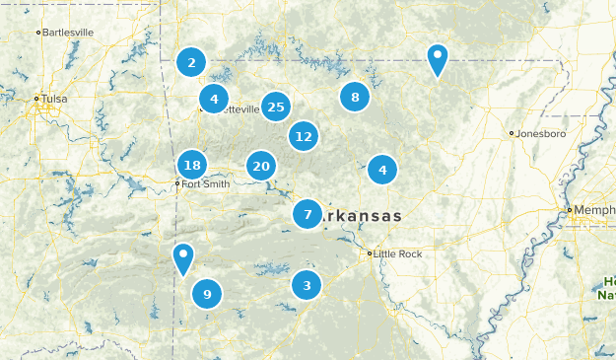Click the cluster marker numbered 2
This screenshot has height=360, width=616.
pos(191,63)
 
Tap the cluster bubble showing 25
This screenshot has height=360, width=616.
pos(276,108)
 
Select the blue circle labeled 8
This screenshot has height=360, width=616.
pos(355,97)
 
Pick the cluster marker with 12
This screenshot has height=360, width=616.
pos(304,136)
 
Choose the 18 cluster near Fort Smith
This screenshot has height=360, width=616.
pos(192,166)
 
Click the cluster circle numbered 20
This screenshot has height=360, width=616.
pos(260,167)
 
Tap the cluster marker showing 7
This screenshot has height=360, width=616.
pos(308,214)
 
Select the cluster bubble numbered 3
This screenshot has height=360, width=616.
pos(307,286)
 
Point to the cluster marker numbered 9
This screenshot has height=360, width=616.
pos(206,293)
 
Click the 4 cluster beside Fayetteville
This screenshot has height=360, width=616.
pos(214,99)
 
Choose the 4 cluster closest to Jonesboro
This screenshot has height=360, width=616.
pos(382,170)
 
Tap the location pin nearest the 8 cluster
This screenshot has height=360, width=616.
pos(437,60)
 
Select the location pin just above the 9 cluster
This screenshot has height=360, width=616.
pos(182,258)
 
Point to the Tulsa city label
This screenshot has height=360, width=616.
pos(53,99)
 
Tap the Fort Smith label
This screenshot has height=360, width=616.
pos(206,183)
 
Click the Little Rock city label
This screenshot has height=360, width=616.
pos(398,253)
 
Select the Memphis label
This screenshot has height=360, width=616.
pos(594,210)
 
